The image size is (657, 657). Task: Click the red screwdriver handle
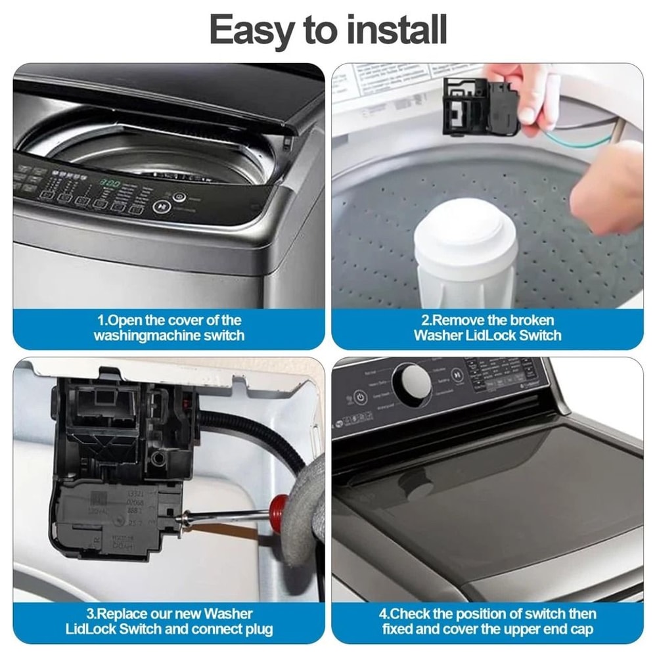coord(280,507)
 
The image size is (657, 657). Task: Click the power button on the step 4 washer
coord(360,397)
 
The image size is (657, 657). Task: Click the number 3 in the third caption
coord(92,614)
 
